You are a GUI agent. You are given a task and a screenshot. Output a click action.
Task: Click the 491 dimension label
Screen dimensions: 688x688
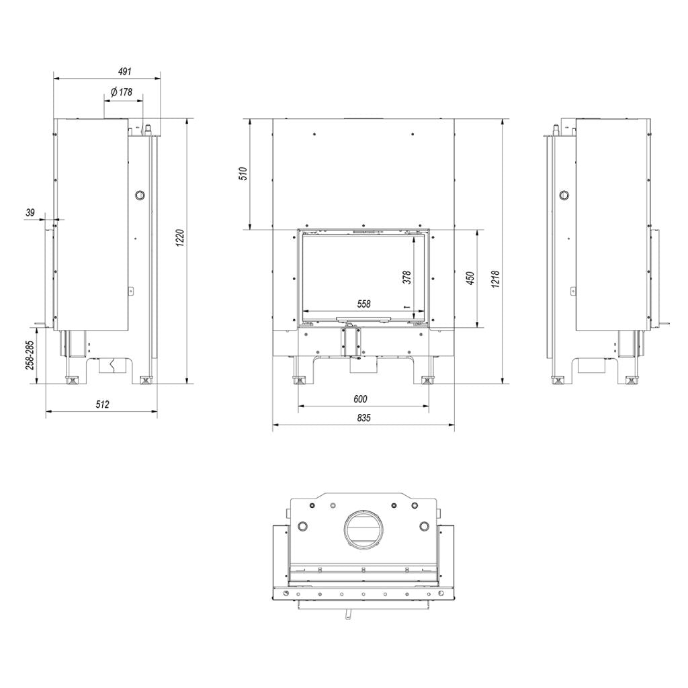tap(125, 71)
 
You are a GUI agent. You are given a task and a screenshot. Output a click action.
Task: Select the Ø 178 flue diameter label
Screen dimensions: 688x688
tap(121, 91)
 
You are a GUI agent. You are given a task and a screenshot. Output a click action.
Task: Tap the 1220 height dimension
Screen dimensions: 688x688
tap(180, 238)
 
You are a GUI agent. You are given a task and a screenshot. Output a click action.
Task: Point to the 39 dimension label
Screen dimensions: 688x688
tap(30, 213)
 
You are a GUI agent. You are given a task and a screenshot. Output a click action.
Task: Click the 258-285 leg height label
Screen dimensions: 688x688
tap(30, 355)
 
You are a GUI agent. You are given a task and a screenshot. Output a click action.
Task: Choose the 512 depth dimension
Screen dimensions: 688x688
tap(102, 404)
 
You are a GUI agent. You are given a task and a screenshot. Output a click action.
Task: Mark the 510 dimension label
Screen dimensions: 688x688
tap(245, 174)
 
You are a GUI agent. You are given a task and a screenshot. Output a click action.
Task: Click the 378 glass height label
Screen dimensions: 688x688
tap(406, 277)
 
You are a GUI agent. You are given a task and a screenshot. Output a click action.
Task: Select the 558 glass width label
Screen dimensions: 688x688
tap(363, 304)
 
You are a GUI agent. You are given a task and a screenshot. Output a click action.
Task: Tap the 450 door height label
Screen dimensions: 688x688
tap(470, 278)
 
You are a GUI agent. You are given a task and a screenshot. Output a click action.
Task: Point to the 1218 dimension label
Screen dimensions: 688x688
tap(495, 279)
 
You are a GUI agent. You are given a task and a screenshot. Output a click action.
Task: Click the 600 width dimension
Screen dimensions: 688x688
tap(360, 399)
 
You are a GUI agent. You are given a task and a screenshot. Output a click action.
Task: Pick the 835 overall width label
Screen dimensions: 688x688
tap(363, 417)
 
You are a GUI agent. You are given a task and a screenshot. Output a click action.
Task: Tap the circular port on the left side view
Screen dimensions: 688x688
tap(140, 195)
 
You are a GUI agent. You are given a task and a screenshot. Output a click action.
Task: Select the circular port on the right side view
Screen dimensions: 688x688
tap(564, 195)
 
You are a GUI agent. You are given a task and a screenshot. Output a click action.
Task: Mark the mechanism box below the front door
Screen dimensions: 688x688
tap(351, 342)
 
